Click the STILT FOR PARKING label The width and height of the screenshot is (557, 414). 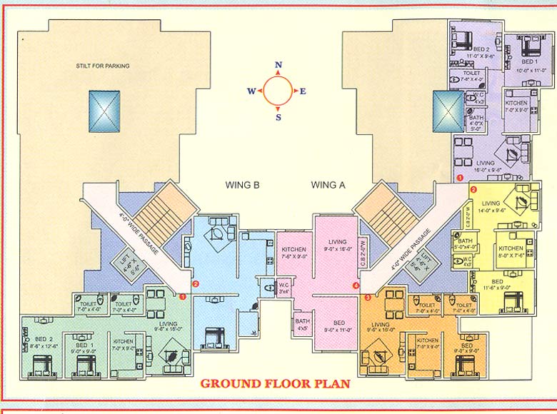(103, 66)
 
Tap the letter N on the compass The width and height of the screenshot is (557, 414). (278, 65)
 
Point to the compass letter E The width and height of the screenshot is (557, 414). (303, 91)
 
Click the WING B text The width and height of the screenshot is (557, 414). (242, 185)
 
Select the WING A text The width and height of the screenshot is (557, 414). (328, 185)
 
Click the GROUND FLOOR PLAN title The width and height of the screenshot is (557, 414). (275, 383)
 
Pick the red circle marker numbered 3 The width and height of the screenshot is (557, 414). (368, 297)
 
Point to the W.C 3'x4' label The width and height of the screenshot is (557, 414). (283, 287)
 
